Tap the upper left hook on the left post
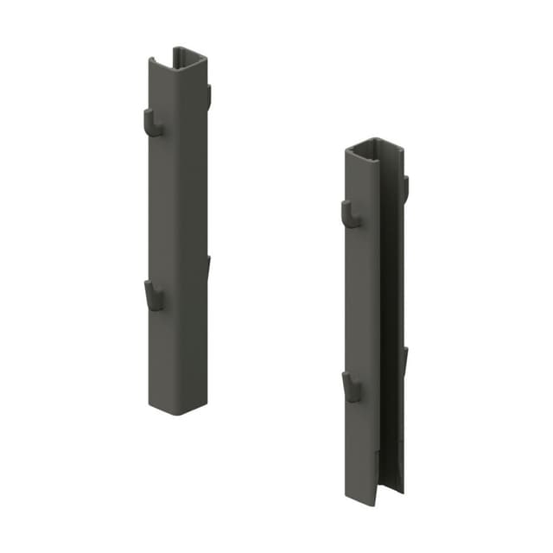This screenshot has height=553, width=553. [x=151, y=124]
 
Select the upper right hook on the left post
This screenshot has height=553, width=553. [x=208, y=94]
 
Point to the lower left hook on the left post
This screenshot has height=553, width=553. [x=152, y=296]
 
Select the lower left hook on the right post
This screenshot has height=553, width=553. [x=350, y=387]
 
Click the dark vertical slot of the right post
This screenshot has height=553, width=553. [x=390, y=328]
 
